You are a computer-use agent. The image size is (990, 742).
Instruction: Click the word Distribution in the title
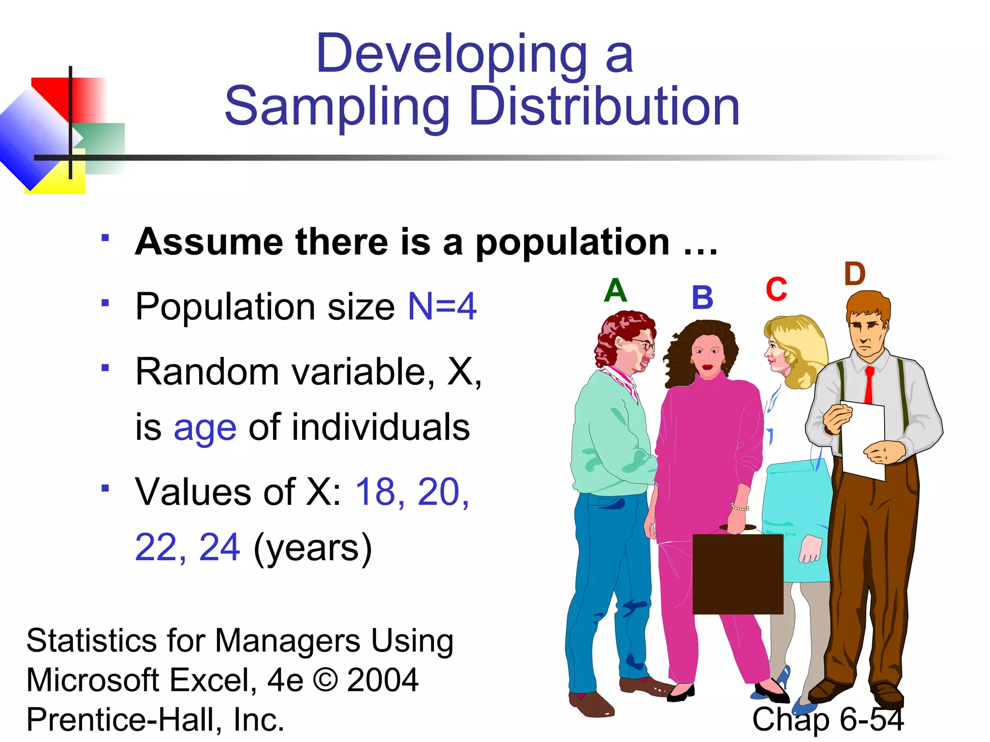[604, 107]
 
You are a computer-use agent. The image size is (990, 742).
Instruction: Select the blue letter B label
[702, 298]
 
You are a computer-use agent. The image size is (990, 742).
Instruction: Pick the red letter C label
[776, 290]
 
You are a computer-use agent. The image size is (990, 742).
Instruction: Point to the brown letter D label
[855, 274]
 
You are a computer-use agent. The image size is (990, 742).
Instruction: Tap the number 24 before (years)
[219, 547]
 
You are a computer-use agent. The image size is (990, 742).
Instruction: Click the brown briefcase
[738, 573]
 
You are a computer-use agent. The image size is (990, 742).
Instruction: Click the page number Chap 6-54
[828, 719]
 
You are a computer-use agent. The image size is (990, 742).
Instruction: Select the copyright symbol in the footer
[325, 680]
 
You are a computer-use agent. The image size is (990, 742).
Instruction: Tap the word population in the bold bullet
[573, 242]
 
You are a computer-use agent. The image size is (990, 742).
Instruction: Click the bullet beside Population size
[105, 303]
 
